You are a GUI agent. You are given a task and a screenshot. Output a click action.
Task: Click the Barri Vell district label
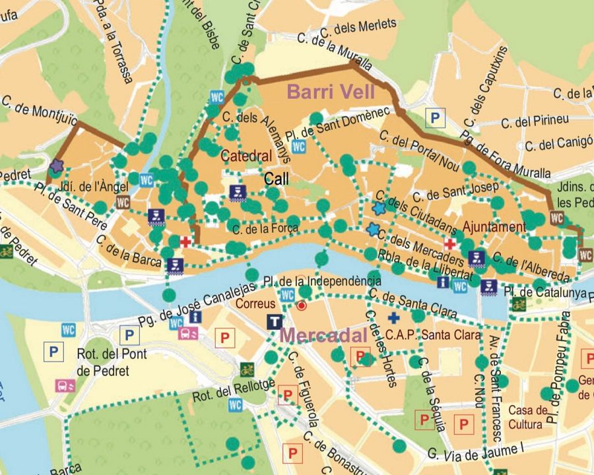click(x=331, y=92)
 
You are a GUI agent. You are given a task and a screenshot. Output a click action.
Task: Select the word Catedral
click(x=246, y=156)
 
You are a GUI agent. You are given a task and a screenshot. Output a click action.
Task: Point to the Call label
click(x=277, y=178)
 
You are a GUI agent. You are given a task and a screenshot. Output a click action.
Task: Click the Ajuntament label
click(x=494, y=227)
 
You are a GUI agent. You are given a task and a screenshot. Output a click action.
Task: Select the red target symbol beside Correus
click(x=302, y=306)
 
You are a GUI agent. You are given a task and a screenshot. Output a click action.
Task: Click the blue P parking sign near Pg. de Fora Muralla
click(x=435, y=118)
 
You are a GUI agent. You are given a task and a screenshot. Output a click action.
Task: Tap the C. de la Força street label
click(x=266, y=229)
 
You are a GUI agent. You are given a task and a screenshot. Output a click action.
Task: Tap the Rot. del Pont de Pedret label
click(x=103, y=362)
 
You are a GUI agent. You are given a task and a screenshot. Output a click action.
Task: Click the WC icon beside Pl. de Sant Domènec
click(x=299, y=146)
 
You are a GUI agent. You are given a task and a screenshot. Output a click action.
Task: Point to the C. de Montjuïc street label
click(x=40, y=111)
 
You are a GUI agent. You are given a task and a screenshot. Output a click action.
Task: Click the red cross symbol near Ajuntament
click(x=449, y=244)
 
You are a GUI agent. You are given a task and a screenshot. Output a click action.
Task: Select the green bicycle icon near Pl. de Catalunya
click(x=518, y=304)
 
